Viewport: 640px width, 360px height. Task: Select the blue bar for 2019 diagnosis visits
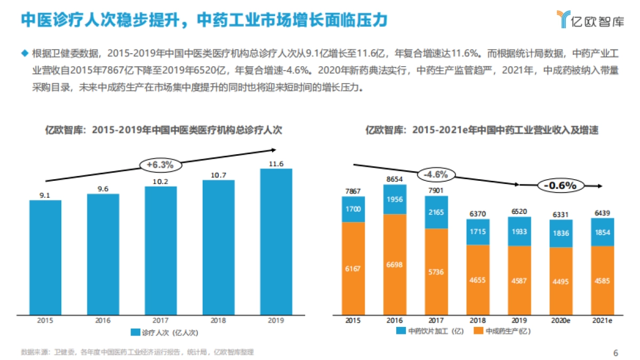[x=276, y=240]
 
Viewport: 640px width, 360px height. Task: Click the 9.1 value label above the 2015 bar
[x=45, y=196]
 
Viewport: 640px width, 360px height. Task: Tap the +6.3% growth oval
[x=161, y=165]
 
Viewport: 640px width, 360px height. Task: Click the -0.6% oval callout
[x=560, y=186]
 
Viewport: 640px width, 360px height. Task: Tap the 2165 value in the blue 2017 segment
[x=436, y=212]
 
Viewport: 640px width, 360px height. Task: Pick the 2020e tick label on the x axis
[x=560, y=320]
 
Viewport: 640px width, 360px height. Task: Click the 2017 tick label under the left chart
[x=161, y=320]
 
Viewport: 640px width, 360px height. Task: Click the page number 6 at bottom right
[x=615, y=353]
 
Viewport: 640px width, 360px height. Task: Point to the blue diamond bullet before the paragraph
[x=23, y=53]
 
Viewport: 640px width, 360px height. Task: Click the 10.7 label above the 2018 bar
[x=218, y=175]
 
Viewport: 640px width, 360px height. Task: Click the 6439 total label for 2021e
[x=602, y=213]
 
